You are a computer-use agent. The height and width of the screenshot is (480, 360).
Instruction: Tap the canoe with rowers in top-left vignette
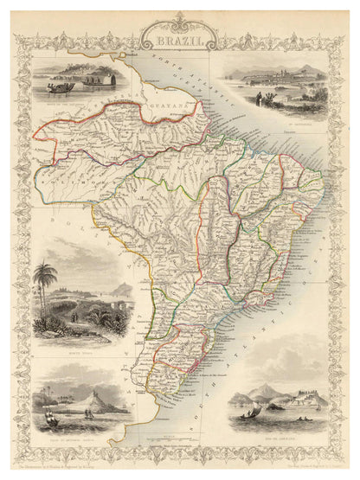(x=61, y=86)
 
